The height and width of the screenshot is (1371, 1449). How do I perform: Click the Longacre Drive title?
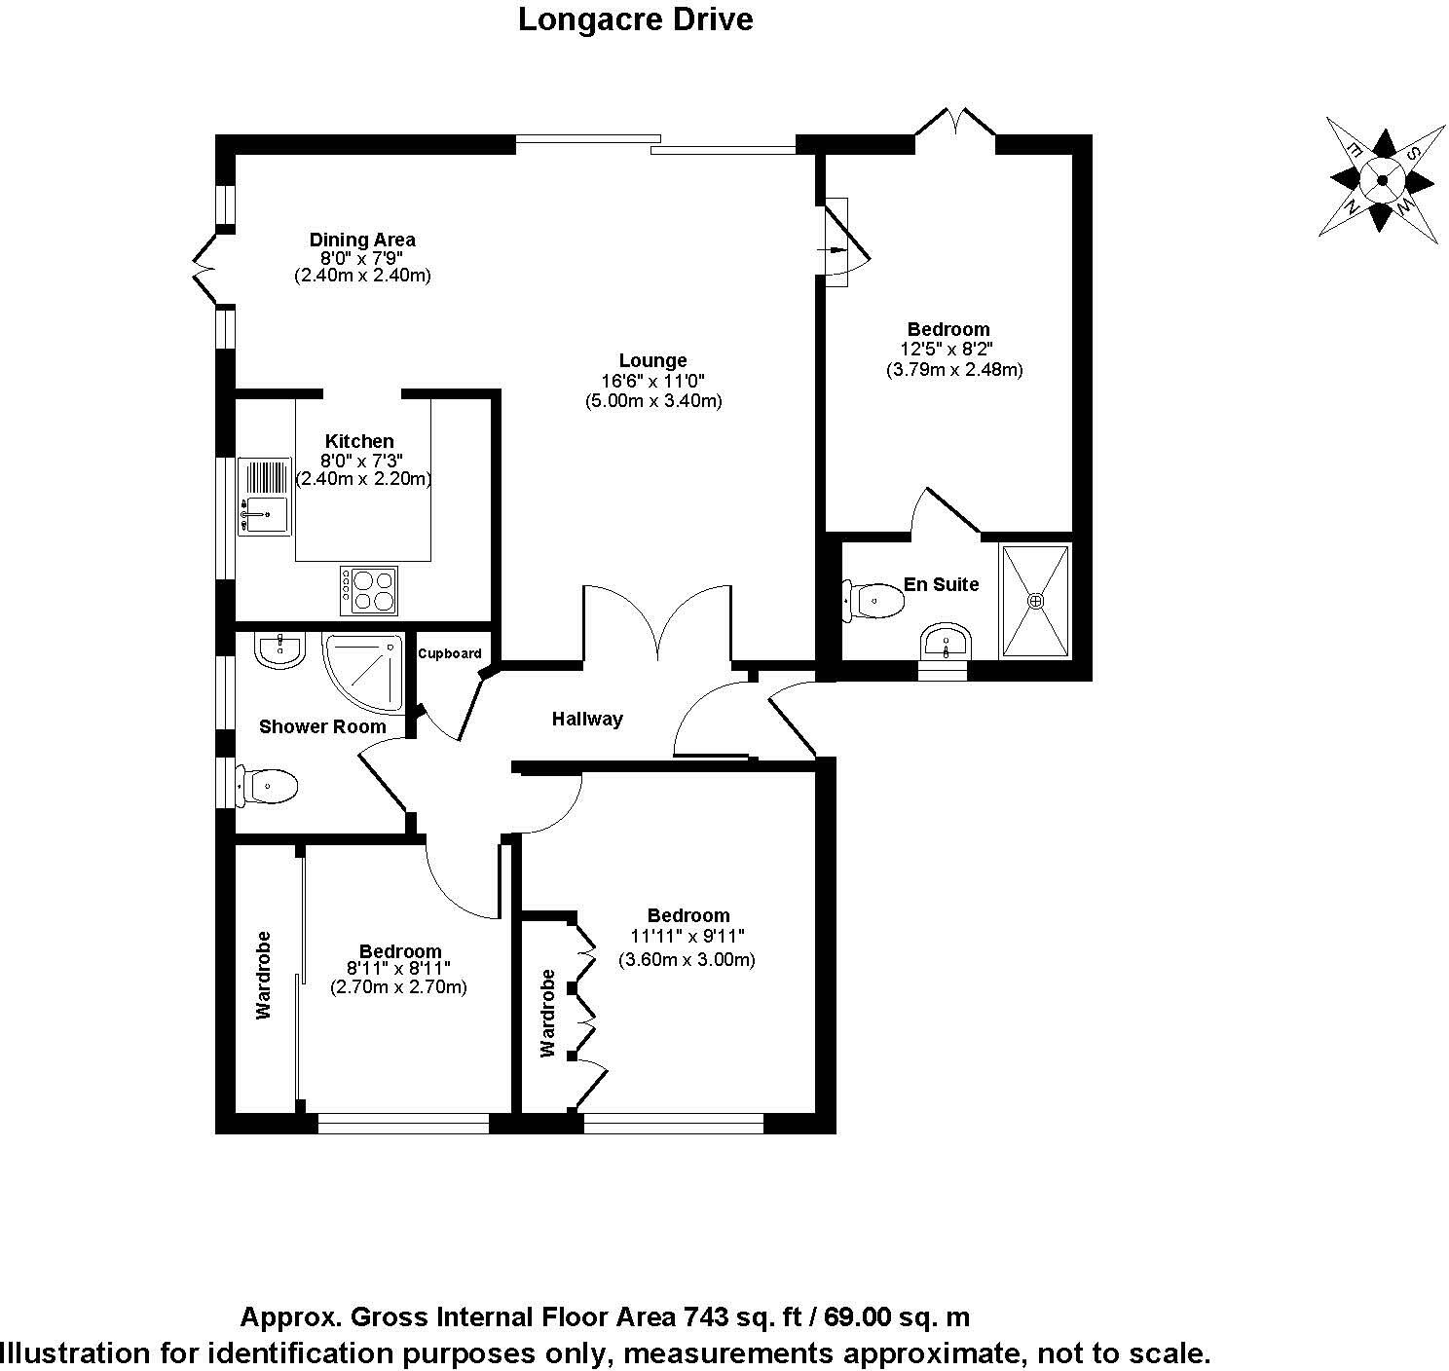[635, 19]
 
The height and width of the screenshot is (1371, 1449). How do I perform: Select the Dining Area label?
[362, 240]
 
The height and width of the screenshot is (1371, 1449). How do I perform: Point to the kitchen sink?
[264, 497]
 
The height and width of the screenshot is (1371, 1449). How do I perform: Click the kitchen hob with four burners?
[368, 590]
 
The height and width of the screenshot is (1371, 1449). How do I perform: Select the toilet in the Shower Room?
[267, 785]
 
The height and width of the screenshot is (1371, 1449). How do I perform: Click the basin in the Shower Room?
[279, 649]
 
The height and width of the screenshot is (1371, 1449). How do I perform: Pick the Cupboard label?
[449, 653]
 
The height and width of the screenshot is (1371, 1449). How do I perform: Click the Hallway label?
[587, 720]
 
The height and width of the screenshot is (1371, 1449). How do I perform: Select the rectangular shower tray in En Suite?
[1035, 601]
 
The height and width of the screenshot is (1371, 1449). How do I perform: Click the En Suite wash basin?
[944, 644]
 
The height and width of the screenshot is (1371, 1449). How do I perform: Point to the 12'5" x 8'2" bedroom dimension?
[947, 350]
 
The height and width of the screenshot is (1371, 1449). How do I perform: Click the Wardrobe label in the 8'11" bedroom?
[263, 975]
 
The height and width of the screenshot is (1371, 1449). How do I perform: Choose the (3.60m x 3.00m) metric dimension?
[687, 959]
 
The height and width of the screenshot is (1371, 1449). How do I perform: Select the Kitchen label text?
[359, 441]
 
